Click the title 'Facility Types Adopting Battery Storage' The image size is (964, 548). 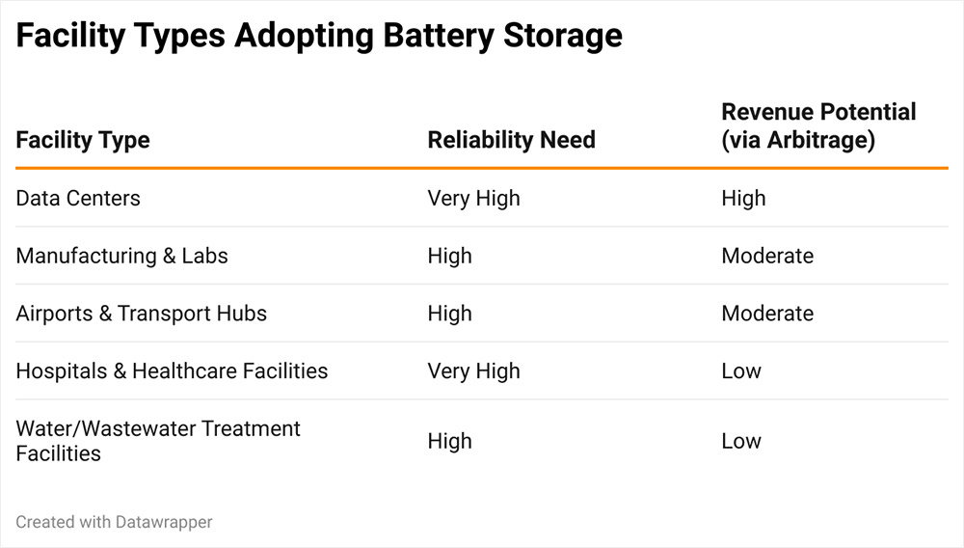click(319, 37)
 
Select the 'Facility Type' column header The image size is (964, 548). click(83, 140)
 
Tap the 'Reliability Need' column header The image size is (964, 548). click(511, 140)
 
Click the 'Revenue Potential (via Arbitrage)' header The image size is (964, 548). click(818, 125)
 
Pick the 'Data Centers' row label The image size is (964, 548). click(78, 199)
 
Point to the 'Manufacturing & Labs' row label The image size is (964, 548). click(121, 256)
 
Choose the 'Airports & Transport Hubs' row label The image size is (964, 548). click(141, 314)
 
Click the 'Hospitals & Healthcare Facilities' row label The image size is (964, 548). click(172, 370)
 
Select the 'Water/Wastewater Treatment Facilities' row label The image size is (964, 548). click(158, 440)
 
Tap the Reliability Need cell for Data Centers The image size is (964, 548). click(473, 199)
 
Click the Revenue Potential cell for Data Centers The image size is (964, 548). click(743, 199)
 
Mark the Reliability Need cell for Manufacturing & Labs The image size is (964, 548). click(449, 256)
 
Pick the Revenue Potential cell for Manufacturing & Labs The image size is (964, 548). click(767, 256)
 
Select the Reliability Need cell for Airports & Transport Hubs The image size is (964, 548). click(449, 314)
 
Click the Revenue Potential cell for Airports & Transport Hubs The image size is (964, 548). click(767, 314)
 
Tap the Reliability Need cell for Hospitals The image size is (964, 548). click(473, 370)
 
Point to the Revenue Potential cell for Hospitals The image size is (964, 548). click(740, 370)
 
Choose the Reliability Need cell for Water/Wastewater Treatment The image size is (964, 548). click(449, 441)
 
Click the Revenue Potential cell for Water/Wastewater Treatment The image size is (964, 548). click(740, 441)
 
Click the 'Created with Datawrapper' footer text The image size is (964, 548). click(114, 522)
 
